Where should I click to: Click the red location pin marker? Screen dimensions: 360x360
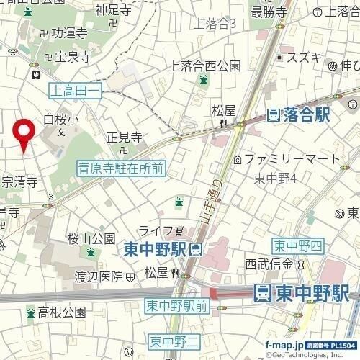click(25, 132)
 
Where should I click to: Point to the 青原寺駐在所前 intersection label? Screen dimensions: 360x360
click(121, 168)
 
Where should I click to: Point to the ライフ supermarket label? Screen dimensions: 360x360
click(155, 230)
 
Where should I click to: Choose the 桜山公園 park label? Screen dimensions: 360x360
click(91, 238)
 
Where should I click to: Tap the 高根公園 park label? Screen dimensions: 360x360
click(62, 312)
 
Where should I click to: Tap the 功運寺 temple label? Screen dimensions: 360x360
click(69, 33)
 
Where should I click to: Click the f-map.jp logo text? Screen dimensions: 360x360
click(284, 345)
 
